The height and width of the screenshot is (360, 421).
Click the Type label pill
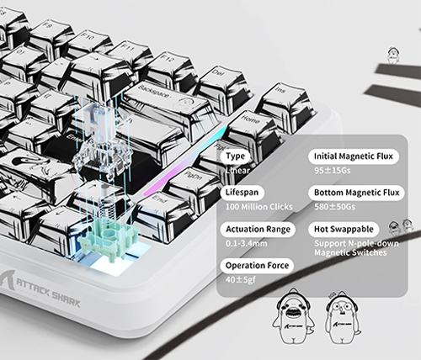pyautogui.click(x=235, y=156)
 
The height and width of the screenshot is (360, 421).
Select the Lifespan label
pyautogui.click(x=242, y=193)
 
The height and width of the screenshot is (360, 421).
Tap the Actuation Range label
pyautogui.click(x=258, y=229)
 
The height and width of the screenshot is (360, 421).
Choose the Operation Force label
pyautogui.click(x=257, y=266)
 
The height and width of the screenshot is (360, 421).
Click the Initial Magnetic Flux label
pyautogui.click(x=354, y=156)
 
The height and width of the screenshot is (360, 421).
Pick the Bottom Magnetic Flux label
pyautogui.click(x=356, y=193)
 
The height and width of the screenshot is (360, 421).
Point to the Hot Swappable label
pyautogui.click(x=344, y=229)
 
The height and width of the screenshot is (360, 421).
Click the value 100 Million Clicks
pyautogui.click(x=259, y=207)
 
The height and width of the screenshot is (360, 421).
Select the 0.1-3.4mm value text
pyautogui.click(x=247, y=243)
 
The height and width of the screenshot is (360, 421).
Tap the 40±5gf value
pyautogui.click(x=241, y=280)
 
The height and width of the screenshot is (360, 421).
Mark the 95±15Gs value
pyautogui.click(x=333, y=171)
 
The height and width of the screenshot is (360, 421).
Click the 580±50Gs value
pyautogui.click(x=334, y=207)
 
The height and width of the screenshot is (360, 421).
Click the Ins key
pyautogui.click(x=285, y=98)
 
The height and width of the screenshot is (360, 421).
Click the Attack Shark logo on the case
pyautogui.click(x=40, y=289)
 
